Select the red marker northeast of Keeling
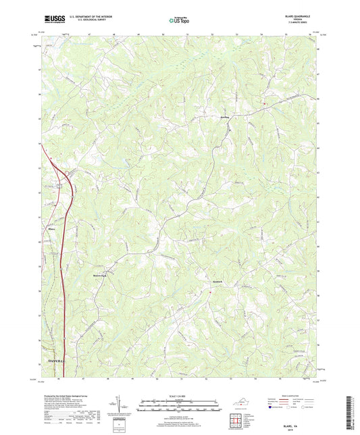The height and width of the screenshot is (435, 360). point(265,103)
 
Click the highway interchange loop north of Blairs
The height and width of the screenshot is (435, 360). point(59,184)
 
